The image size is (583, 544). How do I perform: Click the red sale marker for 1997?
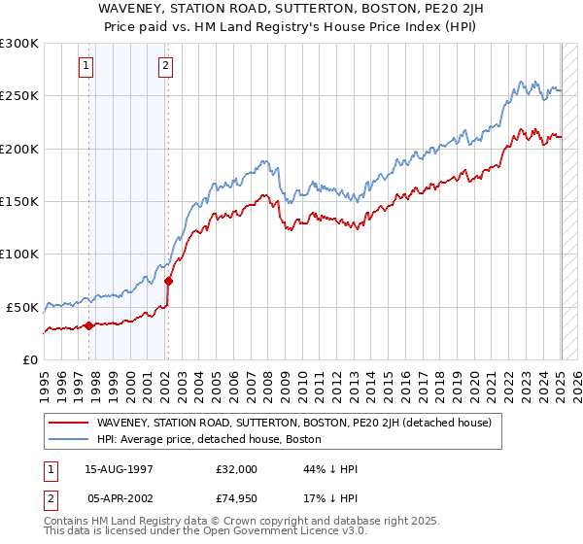(x=88, y=325)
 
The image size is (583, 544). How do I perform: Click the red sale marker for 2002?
(x=168, y=281)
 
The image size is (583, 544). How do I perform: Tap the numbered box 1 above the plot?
(x=86, y=66)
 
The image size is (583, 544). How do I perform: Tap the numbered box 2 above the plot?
(x=165, y=66)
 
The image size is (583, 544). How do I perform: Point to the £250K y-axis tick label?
(x=19, y=96)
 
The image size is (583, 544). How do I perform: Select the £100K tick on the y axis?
(x=19, y=255)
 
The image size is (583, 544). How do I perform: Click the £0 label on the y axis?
(x=30, y=359)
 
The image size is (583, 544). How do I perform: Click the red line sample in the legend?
(x=68, y=423)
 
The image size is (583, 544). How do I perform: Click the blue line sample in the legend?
(x=68, y=439)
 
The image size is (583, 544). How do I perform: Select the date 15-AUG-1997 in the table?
(x=120, y=468)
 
